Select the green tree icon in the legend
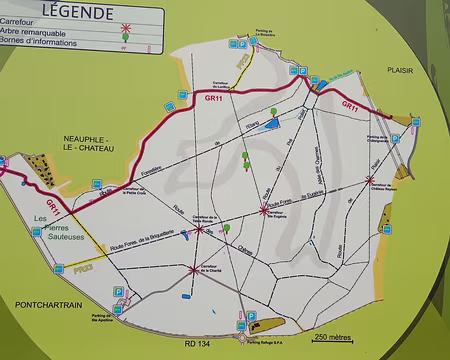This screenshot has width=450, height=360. click(127, 37)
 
